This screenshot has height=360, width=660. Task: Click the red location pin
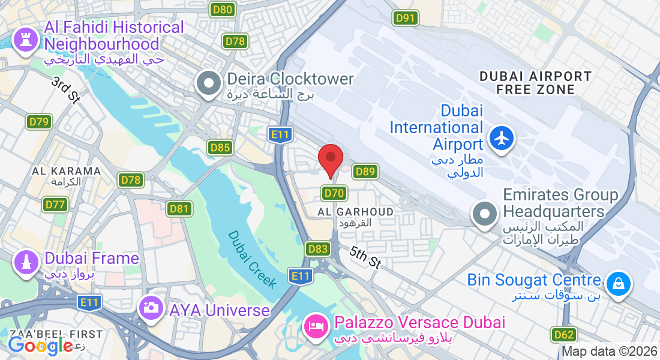(330, 159)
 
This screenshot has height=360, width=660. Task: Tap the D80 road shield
(223, 10)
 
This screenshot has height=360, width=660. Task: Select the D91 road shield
(406, 18)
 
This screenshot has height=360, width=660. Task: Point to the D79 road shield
(39, 122)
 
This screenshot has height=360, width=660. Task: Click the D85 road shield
(220, 148)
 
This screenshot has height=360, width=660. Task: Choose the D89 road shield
(365, 172)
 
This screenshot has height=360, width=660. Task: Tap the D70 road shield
(334, 193)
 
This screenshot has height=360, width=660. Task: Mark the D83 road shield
(317, 248)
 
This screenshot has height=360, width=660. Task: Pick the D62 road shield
(563, 335)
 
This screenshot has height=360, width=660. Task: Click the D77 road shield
(55, 205)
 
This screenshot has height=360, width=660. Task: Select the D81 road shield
(179, 209)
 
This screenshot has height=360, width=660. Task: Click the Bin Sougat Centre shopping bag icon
(618, 283)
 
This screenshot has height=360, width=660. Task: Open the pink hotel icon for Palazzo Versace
(316, 326)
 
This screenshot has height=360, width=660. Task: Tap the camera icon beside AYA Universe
(150, 308)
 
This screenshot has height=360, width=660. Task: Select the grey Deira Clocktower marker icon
(209, 84)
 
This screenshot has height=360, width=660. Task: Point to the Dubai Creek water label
(252, 259)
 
